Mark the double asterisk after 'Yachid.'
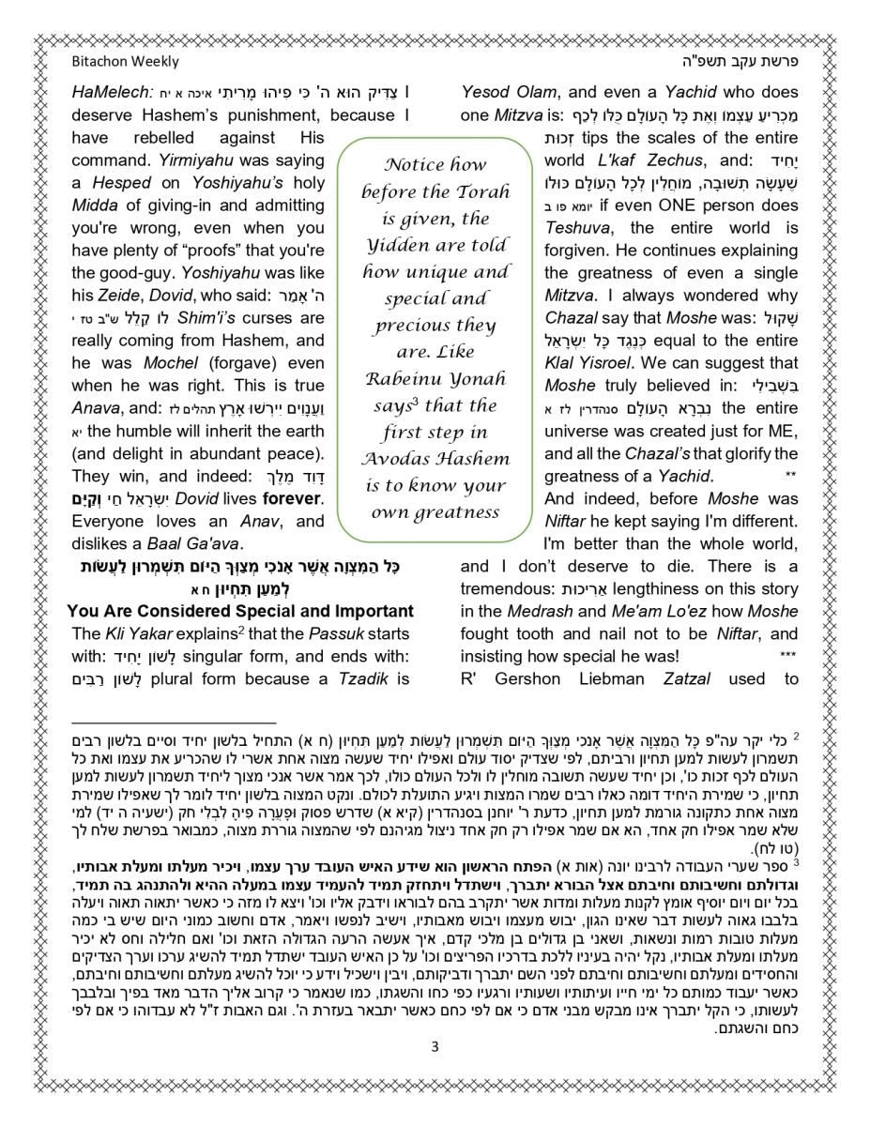click(x=789, y=477)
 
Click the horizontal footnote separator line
click(x=160, y=723)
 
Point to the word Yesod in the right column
click(x=485, y=92)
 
